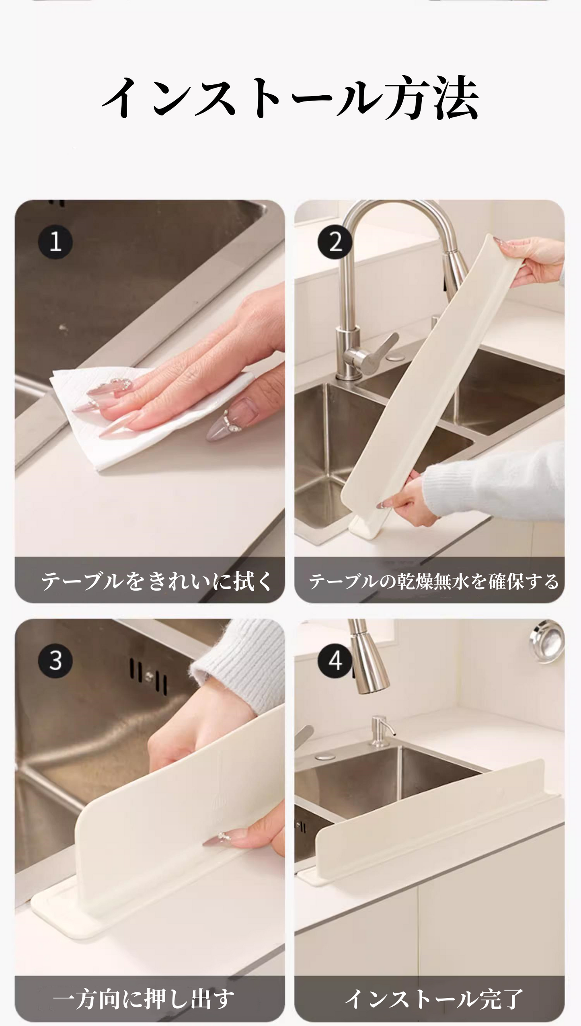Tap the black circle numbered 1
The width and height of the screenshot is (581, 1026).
pyautogui.click(x=55, y=242)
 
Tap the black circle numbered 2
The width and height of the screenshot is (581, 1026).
pyautogui.click(x=335, y=242)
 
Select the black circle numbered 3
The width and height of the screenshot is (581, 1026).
pyautogui.click(x=55, y=661)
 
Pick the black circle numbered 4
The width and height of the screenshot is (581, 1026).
pyautogui.click(x=335, y=661)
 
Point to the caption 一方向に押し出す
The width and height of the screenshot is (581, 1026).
pyautogui.click(x=144, y=999)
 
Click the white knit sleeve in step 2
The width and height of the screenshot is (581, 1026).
pyautogui.click(x=495, y=482)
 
